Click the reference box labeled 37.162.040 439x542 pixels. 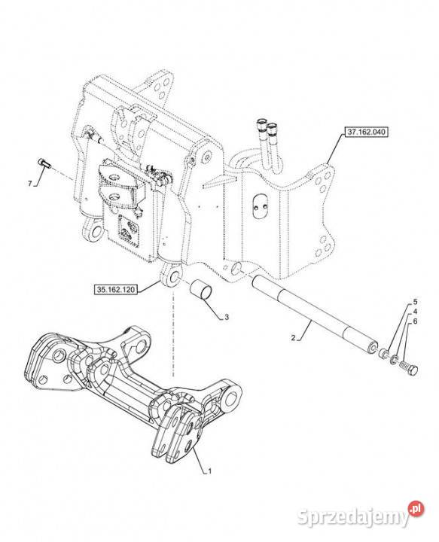point(366,132)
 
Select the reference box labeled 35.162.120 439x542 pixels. point(115,289)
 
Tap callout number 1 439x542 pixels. point(209,470)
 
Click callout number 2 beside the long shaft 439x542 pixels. point(293,338)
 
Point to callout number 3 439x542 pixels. point(227,317)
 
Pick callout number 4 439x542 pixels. point(415,311)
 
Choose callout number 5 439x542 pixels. point(415,301)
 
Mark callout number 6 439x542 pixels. point(415,321)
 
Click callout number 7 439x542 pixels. point(30,184)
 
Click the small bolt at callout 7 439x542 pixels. point(44,163)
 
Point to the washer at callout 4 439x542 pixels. point(394,361)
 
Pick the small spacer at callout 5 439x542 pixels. point(383,355)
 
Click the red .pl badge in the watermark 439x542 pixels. point(416,509)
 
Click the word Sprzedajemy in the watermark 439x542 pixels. point(353,517)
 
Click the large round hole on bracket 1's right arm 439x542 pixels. point(232,397)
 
